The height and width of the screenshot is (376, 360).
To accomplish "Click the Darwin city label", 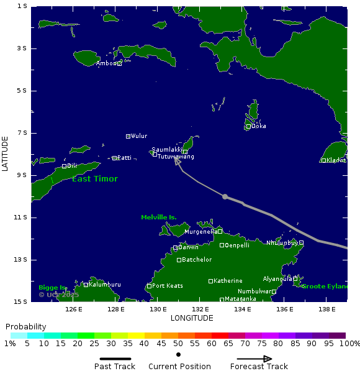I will [x=188, y=247].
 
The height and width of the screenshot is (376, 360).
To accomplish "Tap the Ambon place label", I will [x=106, y=63].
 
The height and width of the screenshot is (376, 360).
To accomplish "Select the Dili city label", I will [x=71, y=166].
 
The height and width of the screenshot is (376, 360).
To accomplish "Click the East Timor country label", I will [x=94, y=179].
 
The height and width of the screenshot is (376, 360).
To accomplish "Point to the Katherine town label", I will [x=228, y=281].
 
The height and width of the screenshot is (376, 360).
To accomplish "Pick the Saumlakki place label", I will [x=167, y=150].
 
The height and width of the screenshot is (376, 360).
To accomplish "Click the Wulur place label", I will [x=139, y=136].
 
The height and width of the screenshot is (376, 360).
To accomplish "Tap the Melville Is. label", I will [x=158, y=218].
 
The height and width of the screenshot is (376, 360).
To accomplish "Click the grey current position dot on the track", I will [x=225, y=196].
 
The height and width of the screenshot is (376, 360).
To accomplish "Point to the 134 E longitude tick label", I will [x=243, y=310].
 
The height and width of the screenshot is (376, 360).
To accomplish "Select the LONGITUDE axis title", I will [x=192, y=318].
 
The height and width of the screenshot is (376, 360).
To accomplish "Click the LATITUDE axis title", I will [x=5, y=154].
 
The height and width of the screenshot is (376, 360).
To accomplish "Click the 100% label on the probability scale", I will [x=350, y=344].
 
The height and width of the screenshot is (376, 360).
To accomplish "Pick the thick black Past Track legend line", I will [x=115, y=359].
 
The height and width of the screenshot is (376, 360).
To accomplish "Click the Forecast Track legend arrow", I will [x=254, y=359].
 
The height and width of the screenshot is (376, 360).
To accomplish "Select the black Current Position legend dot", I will [x=179, y=355].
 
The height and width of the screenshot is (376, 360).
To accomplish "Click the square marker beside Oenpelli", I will [x=222, y=245].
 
